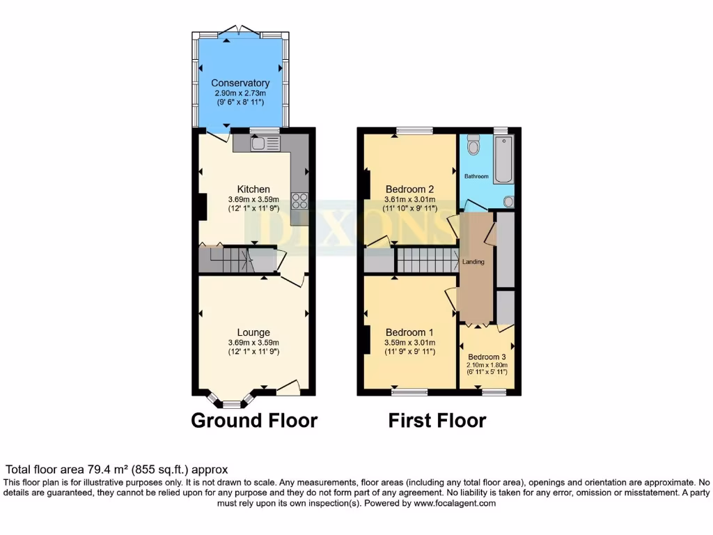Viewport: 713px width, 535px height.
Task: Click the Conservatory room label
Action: click(x=240, y=84)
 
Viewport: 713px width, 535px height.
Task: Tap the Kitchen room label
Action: click(x=253, y=189)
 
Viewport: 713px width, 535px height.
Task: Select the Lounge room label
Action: click(x=253, y=332)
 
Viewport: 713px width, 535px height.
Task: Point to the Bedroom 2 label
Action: click(x=410, y=189)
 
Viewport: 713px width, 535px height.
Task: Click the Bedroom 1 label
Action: click(x=410, y=332)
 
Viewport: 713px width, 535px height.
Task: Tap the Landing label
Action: click(x=473, y=262)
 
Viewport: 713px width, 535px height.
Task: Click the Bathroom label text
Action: click(x=477, y=176)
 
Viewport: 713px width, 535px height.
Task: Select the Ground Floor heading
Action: click(x=254, y=421)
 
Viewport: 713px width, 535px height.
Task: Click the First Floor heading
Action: click(x=437, y=421)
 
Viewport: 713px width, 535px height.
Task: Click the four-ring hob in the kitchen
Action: click(x=300, y=201)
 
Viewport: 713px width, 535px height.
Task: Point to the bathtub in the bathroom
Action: click(x=503, y=160)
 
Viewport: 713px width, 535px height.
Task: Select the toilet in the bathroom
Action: click(x=473, y=145)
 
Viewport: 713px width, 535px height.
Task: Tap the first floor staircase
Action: click(x=425, y=261)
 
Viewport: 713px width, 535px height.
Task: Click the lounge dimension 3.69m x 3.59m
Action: click(x=253, y=342)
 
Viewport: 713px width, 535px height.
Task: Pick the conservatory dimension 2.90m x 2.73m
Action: click(x=240, y=93)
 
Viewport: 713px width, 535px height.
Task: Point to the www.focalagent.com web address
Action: click(x=454, y=503)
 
